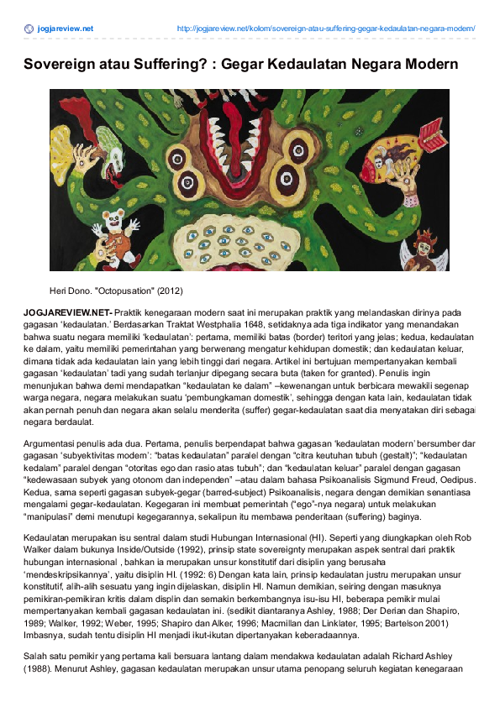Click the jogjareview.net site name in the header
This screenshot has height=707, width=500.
click(66, 29)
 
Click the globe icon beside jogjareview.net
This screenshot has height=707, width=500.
click(29, 29)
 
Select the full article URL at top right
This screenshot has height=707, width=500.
click(326, 29)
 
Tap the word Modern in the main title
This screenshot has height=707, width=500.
click(425, 65)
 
